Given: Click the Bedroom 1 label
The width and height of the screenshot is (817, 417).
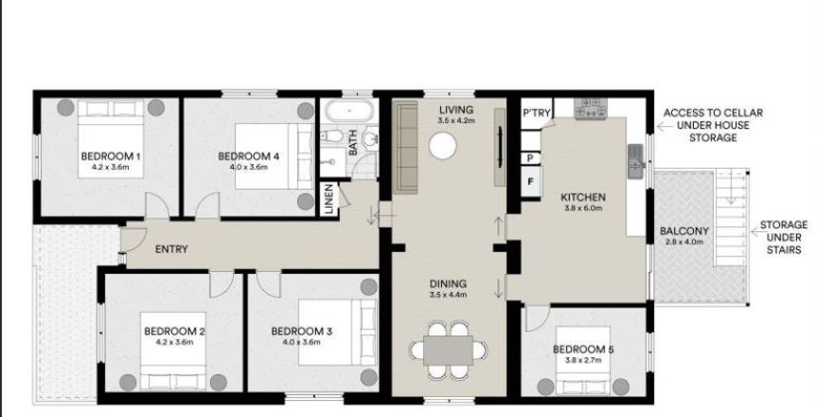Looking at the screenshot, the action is coord(111,156).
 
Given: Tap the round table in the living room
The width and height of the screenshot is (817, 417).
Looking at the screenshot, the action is coord(443,146).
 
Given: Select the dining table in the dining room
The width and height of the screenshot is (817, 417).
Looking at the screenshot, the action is coord(448,351).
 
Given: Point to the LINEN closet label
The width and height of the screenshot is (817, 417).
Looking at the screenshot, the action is coord(329,199).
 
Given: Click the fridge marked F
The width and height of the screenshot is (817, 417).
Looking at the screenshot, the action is coord(531,182).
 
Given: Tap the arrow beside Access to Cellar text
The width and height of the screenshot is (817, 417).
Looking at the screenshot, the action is coord(663,126).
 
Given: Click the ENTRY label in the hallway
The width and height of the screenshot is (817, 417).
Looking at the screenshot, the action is coord(171,249).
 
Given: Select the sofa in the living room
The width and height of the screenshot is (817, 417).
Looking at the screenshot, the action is coord(406,147).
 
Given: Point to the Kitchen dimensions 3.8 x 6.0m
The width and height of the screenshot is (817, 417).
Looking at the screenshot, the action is coord(583,208).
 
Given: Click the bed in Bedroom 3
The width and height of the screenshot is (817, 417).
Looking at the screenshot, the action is coord(337,333).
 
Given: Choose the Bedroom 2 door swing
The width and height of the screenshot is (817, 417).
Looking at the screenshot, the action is coord(222,284).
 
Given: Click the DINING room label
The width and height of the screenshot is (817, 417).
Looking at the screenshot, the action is coord(448,284).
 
